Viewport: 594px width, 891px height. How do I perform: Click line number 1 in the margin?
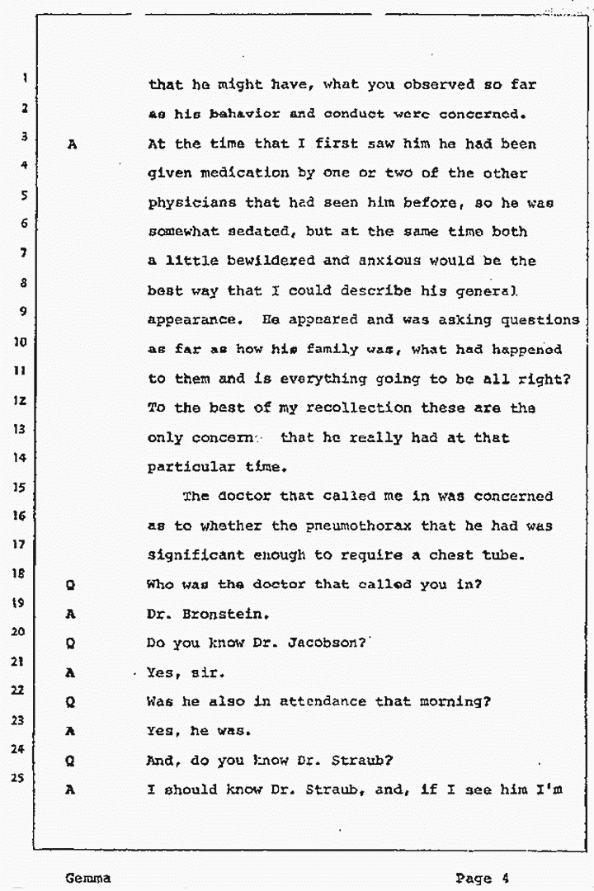click(x=26, y=79)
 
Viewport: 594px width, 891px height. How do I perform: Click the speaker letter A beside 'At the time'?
click(x=73, y=144)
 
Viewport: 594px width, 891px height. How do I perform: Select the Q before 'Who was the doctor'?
click(x=72, y=585)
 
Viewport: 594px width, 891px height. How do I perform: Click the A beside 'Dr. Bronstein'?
click(x=72, y=615)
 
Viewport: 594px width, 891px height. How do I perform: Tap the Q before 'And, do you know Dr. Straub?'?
click(x=72, y=761)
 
